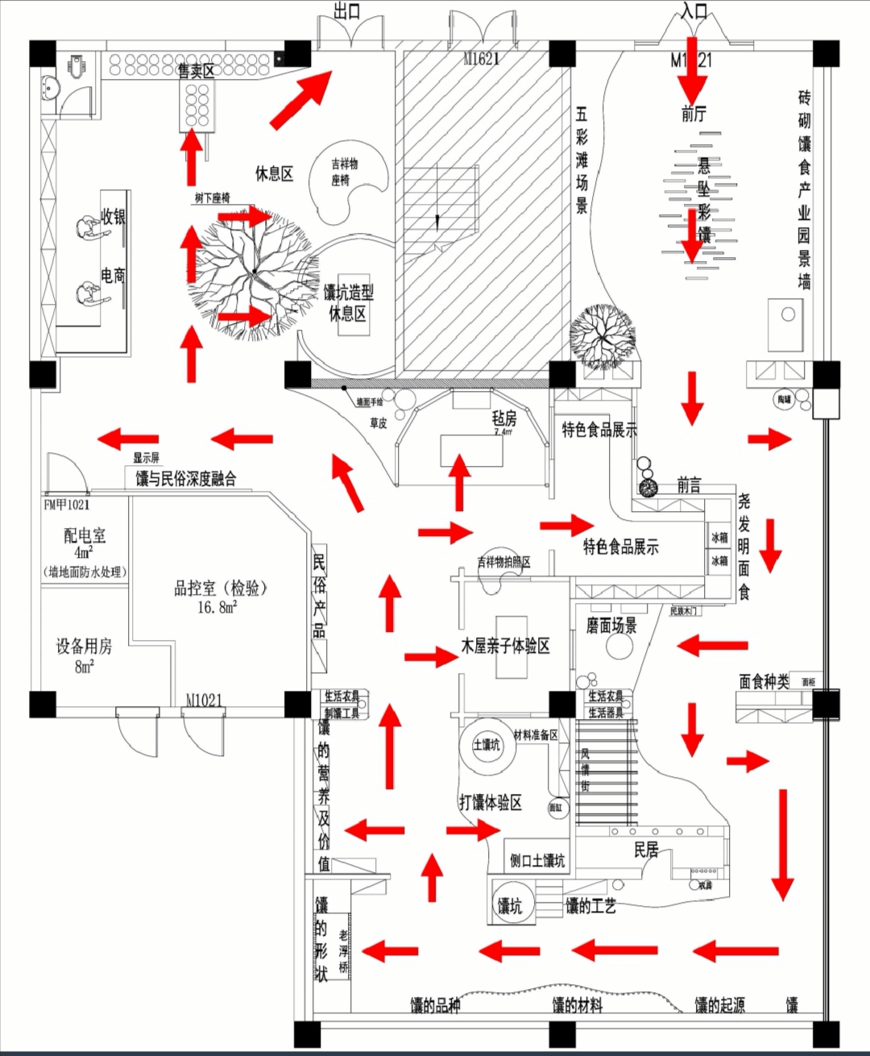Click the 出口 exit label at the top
tap(347, 11)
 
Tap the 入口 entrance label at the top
tap(694, 11)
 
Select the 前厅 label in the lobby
tap(694, 114)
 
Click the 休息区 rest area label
tap(274, 173)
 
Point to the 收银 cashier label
tap(113, 216)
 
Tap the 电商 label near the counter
tap(113, 276)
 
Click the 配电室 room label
tap(85, 535)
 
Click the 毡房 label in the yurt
tap(504, 418)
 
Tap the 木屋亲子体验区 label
tap(505, 646)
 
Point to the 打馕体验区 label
tap(491, 802)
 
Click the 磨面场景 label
tap(611, 626)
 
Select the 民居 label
tap(646, 850)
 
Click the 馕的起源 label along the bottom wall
tap(719, 1004)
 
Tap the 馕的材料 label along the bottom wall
tap(577, 1004)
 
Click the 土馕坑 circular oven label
tap(486, 744)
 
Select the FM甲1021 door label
tap(67, 505)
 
